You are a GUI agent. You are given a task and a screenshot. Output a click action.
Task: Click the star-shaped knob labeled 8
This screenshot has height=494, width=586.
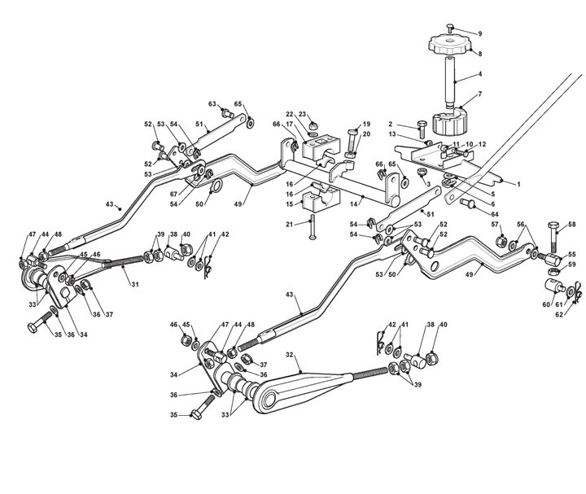(x=450, y=44)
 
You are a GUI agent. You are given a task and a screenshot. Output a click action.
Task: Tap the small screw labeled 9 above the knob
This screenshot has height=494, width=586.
(x=450, y=28)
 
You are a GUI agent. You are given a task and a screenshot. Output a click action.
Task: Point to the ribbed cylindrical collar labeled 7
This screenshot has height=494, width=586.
(x=450, y=121)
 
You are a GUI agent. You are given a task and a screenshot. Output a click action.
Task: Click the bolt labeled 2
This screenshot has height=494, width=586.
(x=422, y=129)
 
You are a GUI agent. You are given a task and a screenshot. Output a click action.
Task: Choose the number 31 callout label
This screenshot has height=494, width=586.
(x=135, y=284)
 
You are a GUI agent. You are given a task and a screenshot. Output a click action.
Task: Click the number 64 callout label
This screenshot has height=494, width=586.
(x=495, y=215)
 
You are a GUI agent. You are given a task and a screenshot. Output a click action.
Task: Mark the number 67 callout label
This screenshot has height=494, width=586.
(x=173, y=194)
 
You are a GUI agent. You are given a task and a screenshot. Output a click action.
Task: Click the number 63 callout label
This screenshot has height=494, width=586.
(x=212, y=104)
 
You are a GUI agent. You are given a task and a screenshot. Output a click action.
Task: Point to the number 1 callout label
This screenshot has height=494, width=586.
(x=518, y=184)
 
